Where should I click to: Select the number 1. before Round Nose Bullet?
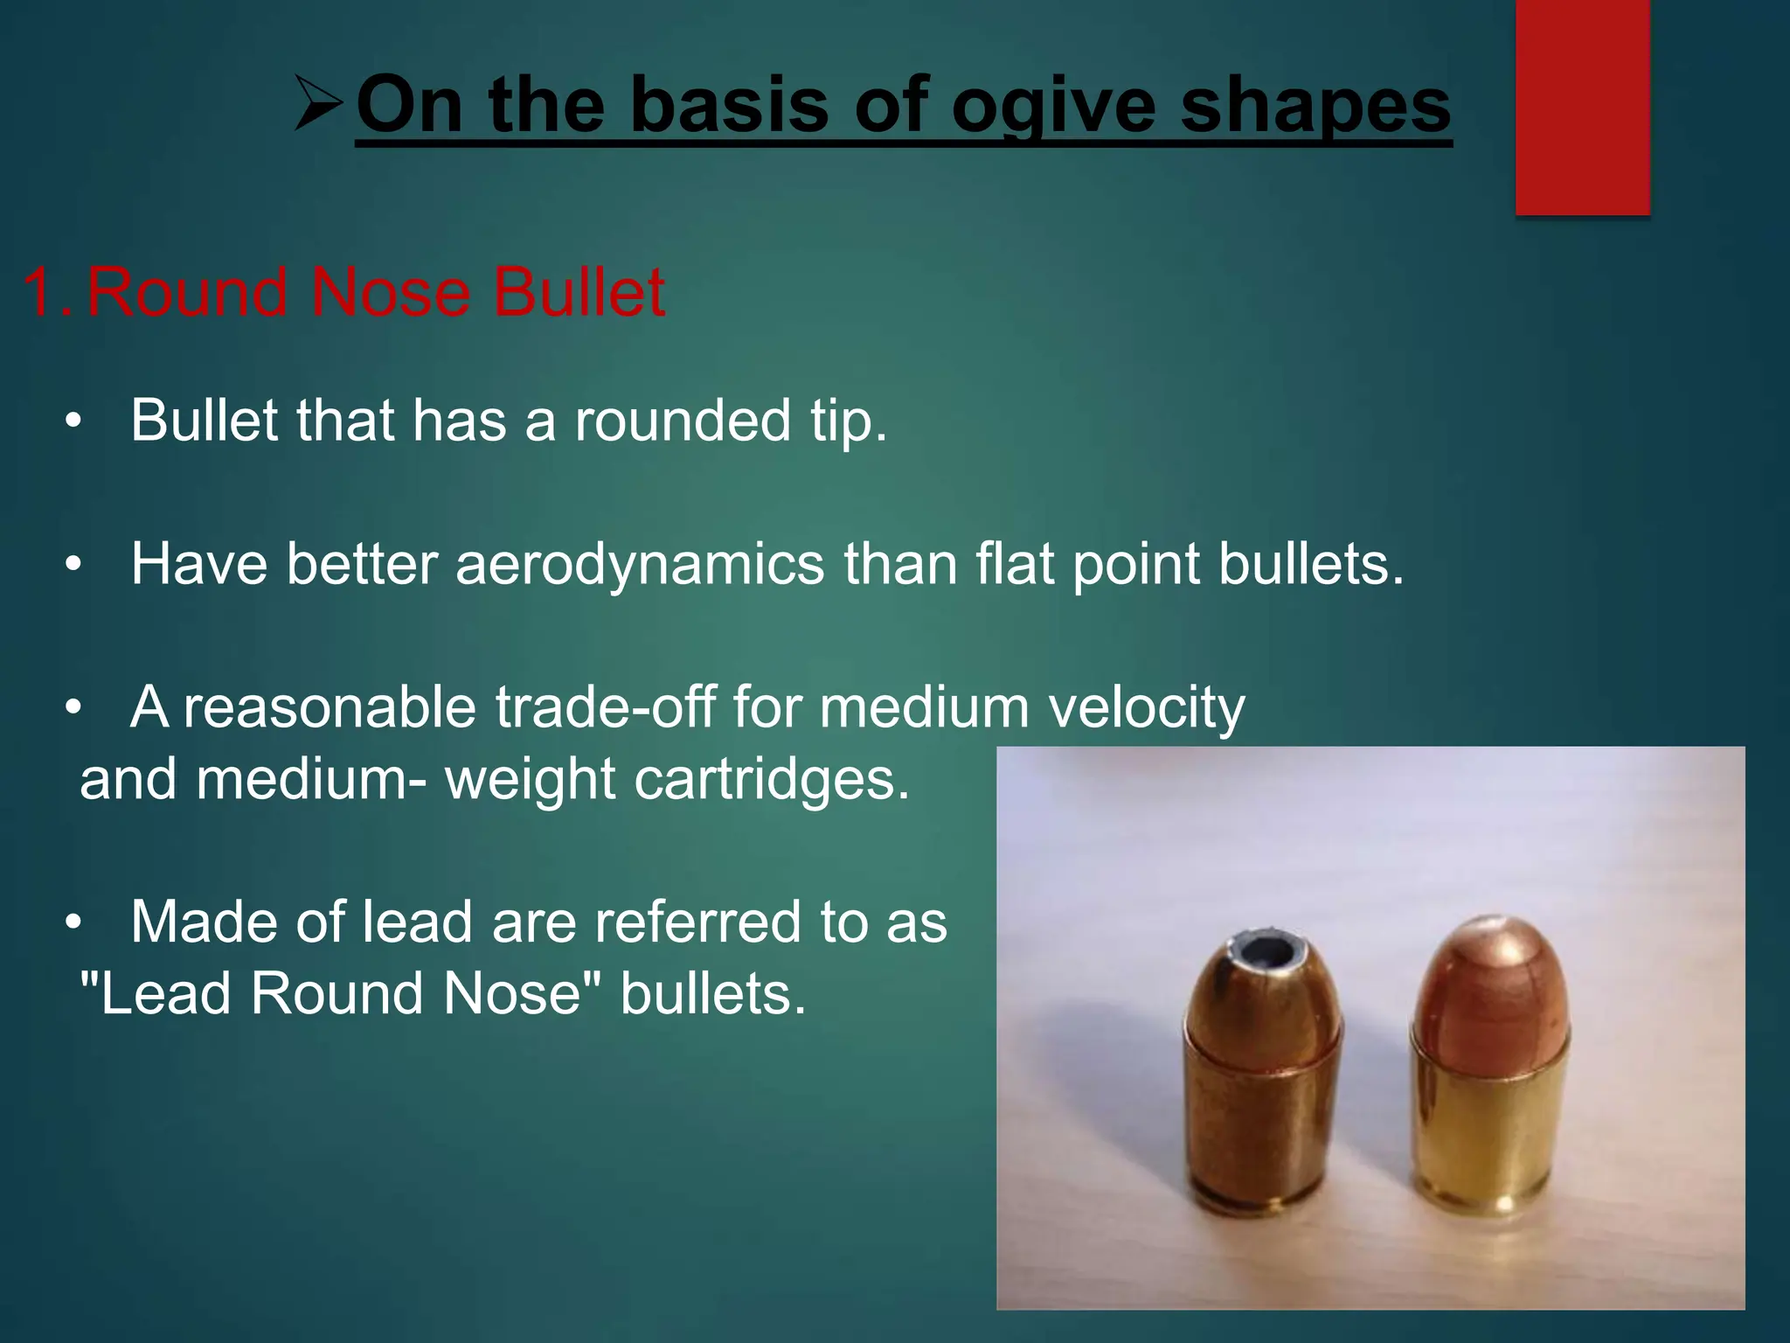click(48, 292)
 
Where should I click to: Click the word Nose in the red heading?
click(390, 292)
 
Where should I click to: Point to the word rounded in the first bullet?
click(683, 421)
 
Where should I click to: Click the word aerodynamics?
click(640, 564)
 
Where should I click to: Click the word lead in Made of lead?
click(416, 922)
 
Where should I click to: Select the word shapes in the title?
click(1315, 107)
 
